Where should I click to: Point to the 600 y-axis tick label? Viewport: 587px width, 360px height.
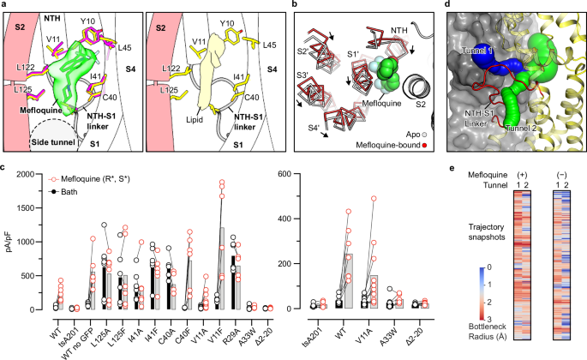(x=300, y=175)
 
